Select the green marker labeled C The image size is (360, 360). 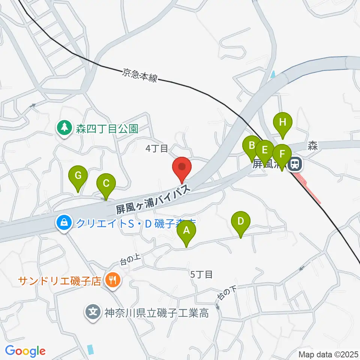point(106,184)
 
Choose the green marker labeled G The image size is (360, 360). point(78,175)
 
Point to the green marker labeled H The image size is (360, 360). point(282,122)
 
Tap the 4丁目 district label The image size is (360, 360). point(157,149)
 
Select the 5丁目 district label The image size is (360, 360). point(202,274)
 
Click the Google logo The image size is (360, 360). point(25,351)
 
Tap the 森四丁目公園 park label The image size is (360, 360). point(108,129)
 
